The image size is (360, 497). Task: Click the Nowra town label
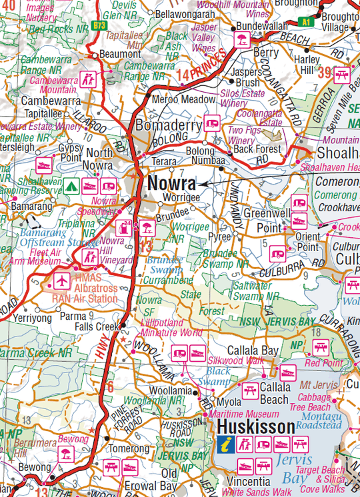(x=172, y=183)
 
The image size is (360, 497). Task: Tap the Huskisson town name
(x=256, y=426)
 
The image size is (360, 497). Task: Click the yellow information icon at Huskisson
(x=227, y=444)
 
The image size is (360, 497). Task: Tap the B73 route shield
(x=100, y=25)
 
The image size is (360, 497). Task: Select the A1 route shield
(x=306, y=21)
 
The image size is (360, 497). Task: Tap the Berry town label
(x=266, y=53)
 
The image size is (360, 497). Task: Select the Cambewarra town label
(x=47, y=101)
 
